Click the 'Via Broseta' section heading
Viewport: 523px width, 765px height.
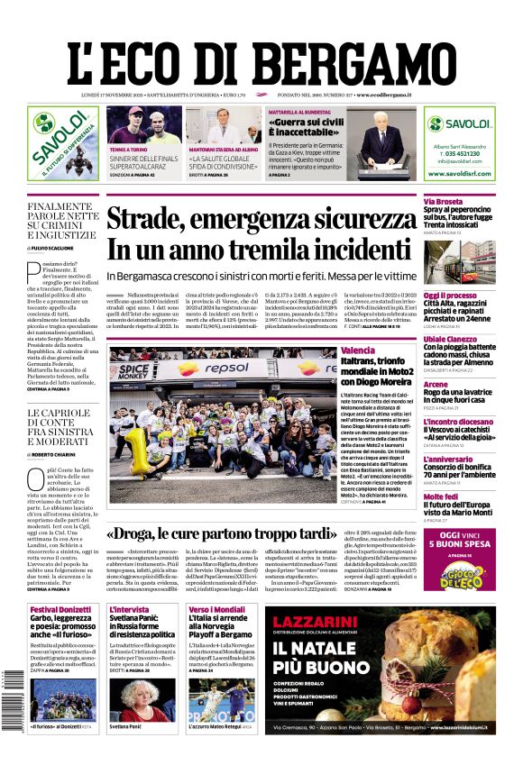click(x=444, y=201)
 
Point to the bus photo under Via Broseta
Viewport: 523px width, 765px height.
click(x=459, y=263)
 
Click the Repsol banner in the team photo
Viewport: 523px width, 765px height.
click(x=216, y=369)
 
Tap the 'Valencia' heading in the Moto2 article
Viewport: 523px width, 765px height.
click(x=358, y=350)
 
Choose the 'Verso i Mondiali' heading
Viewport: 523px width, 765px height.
click(x=217, y=610)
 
